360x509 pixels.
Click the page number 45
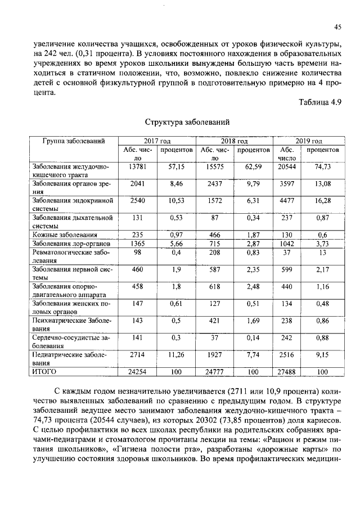pos(338,27)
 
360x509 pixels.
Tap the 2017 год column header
pos(157,141)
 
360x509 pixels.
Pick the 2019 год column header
pos(309,141)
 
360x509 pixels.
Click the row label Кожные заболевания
pos(65,235)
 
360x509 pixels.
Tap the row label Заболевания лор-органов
pos(71,244)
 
